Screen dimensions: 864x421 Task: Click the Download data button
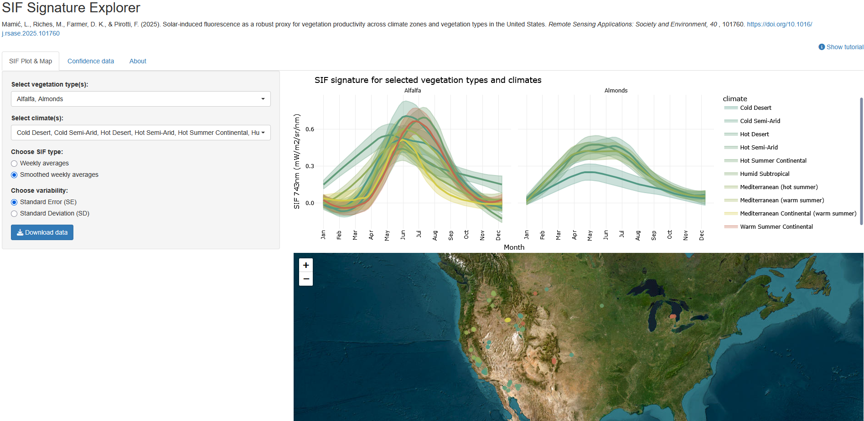tap(42, 232)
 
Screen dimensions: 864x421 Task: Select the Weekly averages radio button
tap(14, 164)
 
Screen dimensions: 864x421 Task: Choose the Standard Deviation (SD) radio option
tap(14, 214)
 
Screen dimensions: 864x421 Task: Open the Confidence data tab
tap(91, 61)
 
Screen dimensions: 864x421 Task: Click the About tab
tap(138, 61)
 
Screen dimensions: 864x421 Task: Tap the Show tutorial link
tap(841, 47)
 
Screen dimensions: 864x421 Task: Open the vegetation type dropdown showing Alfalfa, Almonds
tap(141, 99)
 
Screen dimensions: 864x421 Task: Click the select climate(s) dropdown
tap(141, 133)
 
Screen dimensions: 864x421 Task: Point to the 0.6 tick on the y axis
tap(310, 129)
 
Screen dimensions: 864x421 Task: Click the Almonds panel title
tap(616, 91)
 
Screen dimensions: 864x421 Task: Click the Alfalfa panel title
tap(413, 91)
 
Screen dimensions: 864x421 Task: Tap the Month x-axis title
tap(514, 247)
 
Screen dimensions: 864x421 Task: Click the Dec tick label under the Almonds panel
tap(702, 235)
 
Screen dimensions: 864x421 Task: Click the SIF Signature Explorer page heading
tap(71, 8)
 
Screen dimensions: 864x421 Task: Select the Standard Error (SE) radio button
tap(14, 202)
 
